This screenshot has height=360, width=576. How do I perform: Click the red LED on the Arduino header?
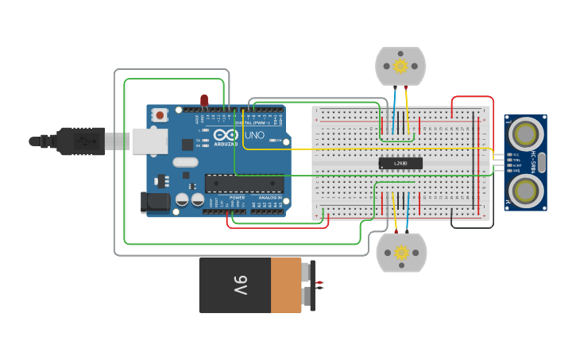click(204, 99)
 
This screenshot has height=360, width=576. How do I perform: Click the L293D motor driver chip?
click(400, 163)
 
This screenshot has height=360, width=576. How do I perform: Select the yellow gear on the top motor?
click(400, 65)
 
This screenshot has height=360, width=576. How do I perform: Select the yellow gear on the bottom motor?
click(401, 253)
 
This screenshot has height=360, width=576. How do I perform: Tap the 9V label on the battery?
click(241, 285)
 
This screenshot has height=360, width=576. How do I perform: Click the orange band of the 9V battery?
click(286, 285)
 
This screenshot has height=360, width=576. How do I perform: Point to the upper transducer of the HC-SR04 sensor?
click(524, 131)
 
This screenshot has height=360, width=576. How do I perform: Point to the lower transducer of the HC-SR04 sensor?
click(524, 189)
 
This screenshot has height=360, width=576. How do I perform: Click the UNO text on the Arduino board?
click(254, 135)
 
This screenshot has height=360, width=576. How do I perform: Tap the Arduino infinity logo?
click(226, 135)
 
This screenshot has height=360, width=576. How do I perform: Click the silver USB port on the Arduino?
click(150, 141)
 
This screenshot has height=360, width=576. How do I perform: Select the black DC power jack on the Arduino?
click(156, 202)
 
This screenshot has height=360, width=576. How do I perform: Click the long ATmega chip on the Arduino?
click(244, 184)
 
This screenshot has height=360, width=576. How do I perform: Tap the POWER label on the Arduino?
click(237, 198)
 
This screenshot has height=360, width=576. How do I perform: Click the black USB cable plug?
click(79, 141)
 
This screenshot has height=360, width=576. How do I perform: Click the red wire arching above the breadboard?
click(472, 98)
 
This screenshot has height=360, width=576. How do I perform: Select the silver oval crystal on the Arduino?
click(184, 163)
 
